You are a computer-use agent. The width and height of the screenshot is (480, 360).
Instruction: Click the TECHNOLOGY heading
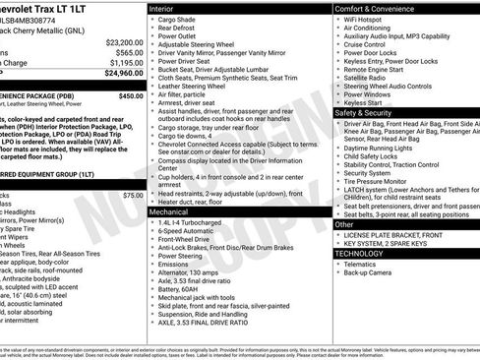[360, 253]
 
